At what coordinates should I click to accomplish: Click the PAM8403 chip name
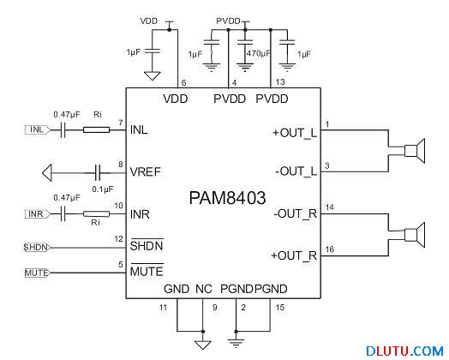(227, 198)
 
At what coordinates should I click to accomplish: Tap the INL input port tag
(37, 129)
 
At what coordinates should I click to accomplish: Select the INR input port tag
(37, 214)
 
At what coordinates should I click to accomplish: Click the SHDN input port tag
(37, 247)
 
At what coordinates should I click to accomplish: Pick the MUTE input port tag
(37, 273)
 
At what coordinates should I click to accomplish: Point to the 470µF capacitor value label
(258, 53)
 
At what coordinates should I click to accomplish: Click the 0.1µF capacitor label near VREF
(103, 189)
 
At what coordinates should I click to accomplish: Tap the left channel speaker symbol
(415, 151)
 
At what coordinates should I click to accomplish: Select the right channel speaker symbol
(415, 235)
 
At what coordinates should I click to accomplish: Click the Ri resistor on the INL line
(96, 129)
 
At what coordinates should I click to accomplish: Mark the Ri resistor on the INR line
(96, 214)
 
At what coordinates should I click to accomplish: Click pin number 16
(330, 249)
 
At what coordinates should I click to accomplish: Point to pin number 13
(280, 82)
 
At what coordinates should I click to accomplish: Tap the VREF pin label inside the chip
(145, 172)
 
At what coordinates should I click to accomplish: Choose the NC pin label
(204, 289)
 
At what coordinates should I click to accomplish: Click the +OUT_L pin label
(295, 133)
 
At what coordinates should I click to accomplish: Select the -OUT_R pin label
(296, 214)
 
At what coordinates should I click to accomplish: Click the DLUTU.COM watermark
(404, 351)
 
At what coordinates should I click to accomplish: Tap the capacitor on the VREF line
(99, 173)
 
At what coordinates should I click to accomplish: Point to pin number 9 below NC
(215, 308)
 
